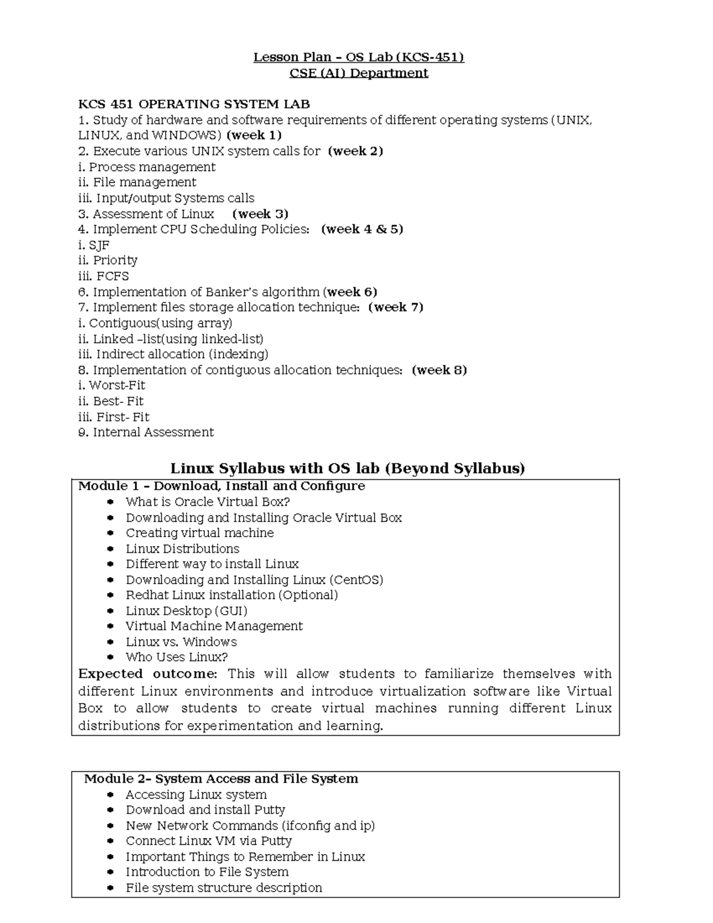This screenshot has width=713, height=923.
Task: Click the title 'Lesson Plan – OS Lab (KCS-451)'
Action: tap(358, 57)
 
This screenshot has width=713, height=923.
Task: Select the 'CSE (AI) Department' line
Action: tap(358, 73)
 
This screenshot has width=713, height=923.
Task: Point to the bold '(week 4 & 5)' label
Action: tap(362, 229)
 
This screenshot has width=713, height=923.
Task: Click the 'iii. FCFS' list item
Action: tap(103, 276)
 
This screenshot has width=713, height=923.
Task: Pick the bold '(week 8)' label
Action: tap(439, 370)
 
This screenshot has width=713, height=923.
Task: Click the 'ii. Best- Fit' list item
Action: tap(111, 401)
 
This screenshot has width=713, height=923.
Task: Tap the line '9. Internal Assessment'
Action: tap(146, 433)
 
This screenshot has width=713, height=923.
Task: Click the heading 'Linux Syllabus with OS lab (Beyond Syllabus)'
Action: tap(348, 469)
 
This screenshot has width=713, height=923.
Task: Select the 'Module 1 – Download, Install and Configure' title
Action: tap(221, 486)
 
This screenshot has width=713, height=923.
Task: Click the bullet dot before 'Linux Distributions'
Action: tap(111, 549)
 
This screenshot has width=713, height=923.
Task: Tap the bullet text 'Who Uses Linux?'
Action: tap(176, 657)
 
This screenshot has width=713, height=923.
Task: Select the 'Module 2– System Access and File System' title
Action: tap(220, 779)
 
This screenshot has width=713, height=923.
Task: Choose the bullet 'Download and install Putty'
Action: tap(205, 810)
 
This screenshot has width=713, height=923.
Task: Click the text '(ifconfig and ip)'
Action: tap(328, 826)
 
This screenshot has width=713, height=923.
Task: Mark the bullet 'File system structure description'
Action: tap(223, 888)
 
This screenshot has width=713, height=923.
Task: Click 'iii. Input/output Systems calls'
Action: tap(166, 199)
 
